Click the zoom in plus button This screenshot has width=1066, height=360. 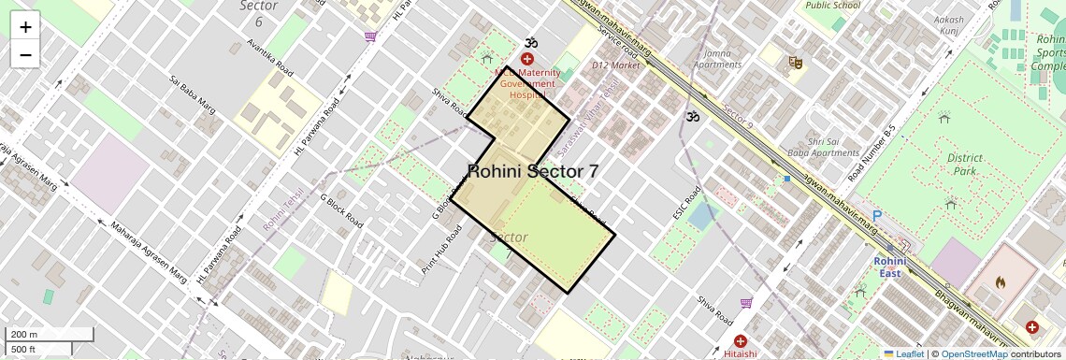tap(25, 27)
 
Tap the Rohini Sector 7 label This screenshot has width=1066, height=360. tap(533, 171)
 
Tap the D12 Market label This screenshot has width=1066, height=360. tap(616, 65)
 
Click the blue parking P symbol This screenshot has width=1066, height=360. tap(877, 214)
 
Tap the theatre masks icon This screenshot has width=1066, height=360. tap(796, 63)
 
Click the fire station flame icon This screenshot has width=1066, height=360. tap(1000, 281)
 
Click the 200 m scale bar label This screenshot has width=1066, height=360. tap(24, 335)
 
